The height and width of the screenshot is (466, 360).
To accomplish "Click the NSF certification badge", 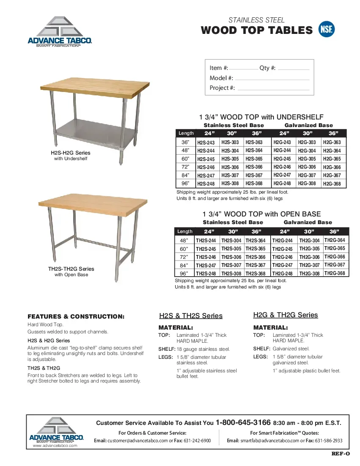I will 327,29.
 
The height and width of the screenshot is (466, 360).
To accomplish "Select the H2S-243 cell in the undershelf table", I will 206,143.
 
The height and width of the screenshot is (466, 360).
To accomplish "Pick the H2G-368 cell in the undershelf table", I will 332,184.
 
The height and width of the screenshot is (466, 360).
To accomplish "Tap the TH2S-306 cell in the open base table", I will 231,257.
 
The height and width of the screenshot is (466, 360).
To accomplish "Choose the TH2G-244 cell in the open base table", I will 282,241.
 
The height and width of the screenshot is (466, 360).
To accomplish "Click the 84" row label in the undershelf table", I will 186,175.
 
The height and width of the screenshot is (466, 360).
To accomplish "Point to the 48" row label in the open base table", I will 184,240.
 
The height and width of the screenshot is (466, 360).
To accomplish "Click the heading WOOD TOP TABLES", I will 256,30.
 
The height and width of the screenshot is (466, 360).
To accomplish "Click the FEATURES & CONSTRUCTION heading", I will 76,316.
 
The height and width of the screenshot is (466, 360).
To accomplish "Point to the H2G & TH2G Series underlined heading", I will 285,315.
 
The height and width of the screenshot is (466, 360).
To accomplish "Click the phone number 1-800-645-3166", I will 243,422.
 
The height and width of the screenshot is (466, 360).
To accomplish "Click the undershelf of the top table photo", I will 91,131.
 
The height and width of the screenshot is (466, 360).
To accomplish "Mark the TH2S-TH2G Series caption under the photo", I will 71,269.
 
